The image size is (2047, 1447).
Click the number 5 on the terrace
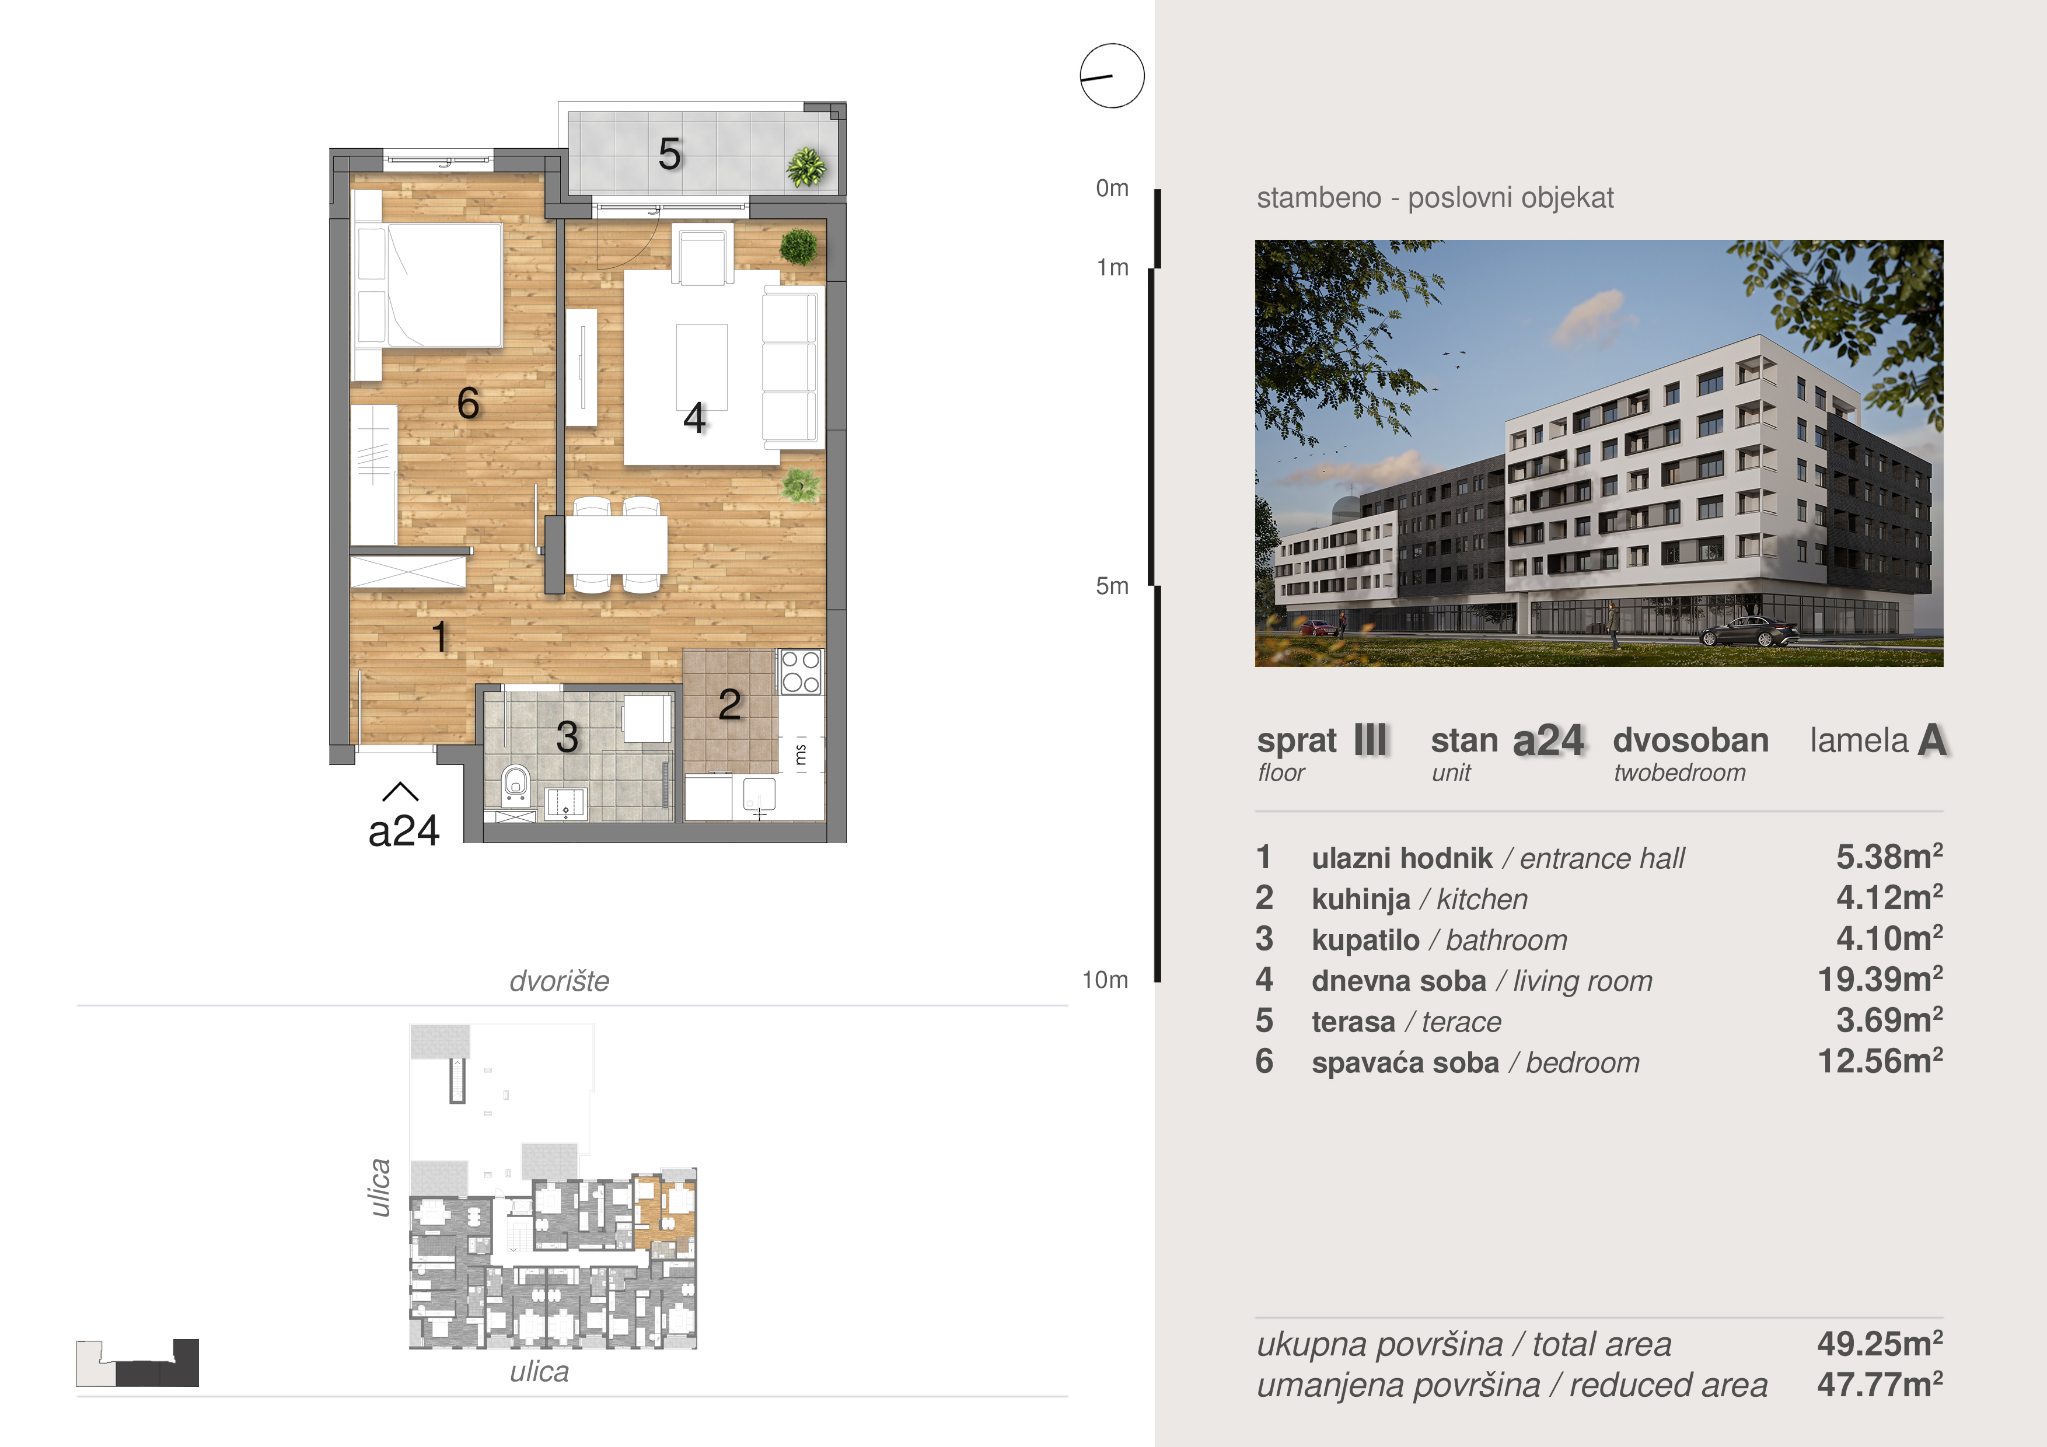(x=669, y=154)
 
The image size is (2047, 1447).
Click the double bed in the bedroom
(x=429, y=285)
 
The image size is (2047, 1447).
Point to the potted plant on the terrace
(x=806, y=167)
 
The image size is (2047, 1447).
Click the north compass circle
(x=1112, y=76)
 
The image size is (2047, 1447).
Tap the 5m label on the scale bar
(x=1112, y=586)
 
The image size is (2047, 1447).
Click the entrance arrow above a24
(x=400, y=792)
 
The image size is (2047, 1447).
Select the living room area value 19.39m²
(x=1880, y=980)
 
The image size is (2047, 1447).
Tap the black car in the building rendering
(x=1749, y=632)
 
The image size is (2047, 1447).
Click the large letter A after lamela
(x=1932, y=740)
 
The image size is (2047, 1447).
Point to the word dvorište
(x=559, y=981)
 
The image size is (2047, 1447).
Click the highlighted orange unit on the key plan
(x=663, y=1212)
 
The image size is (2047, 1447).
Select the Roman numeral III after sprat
(x=1370, y=740)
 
